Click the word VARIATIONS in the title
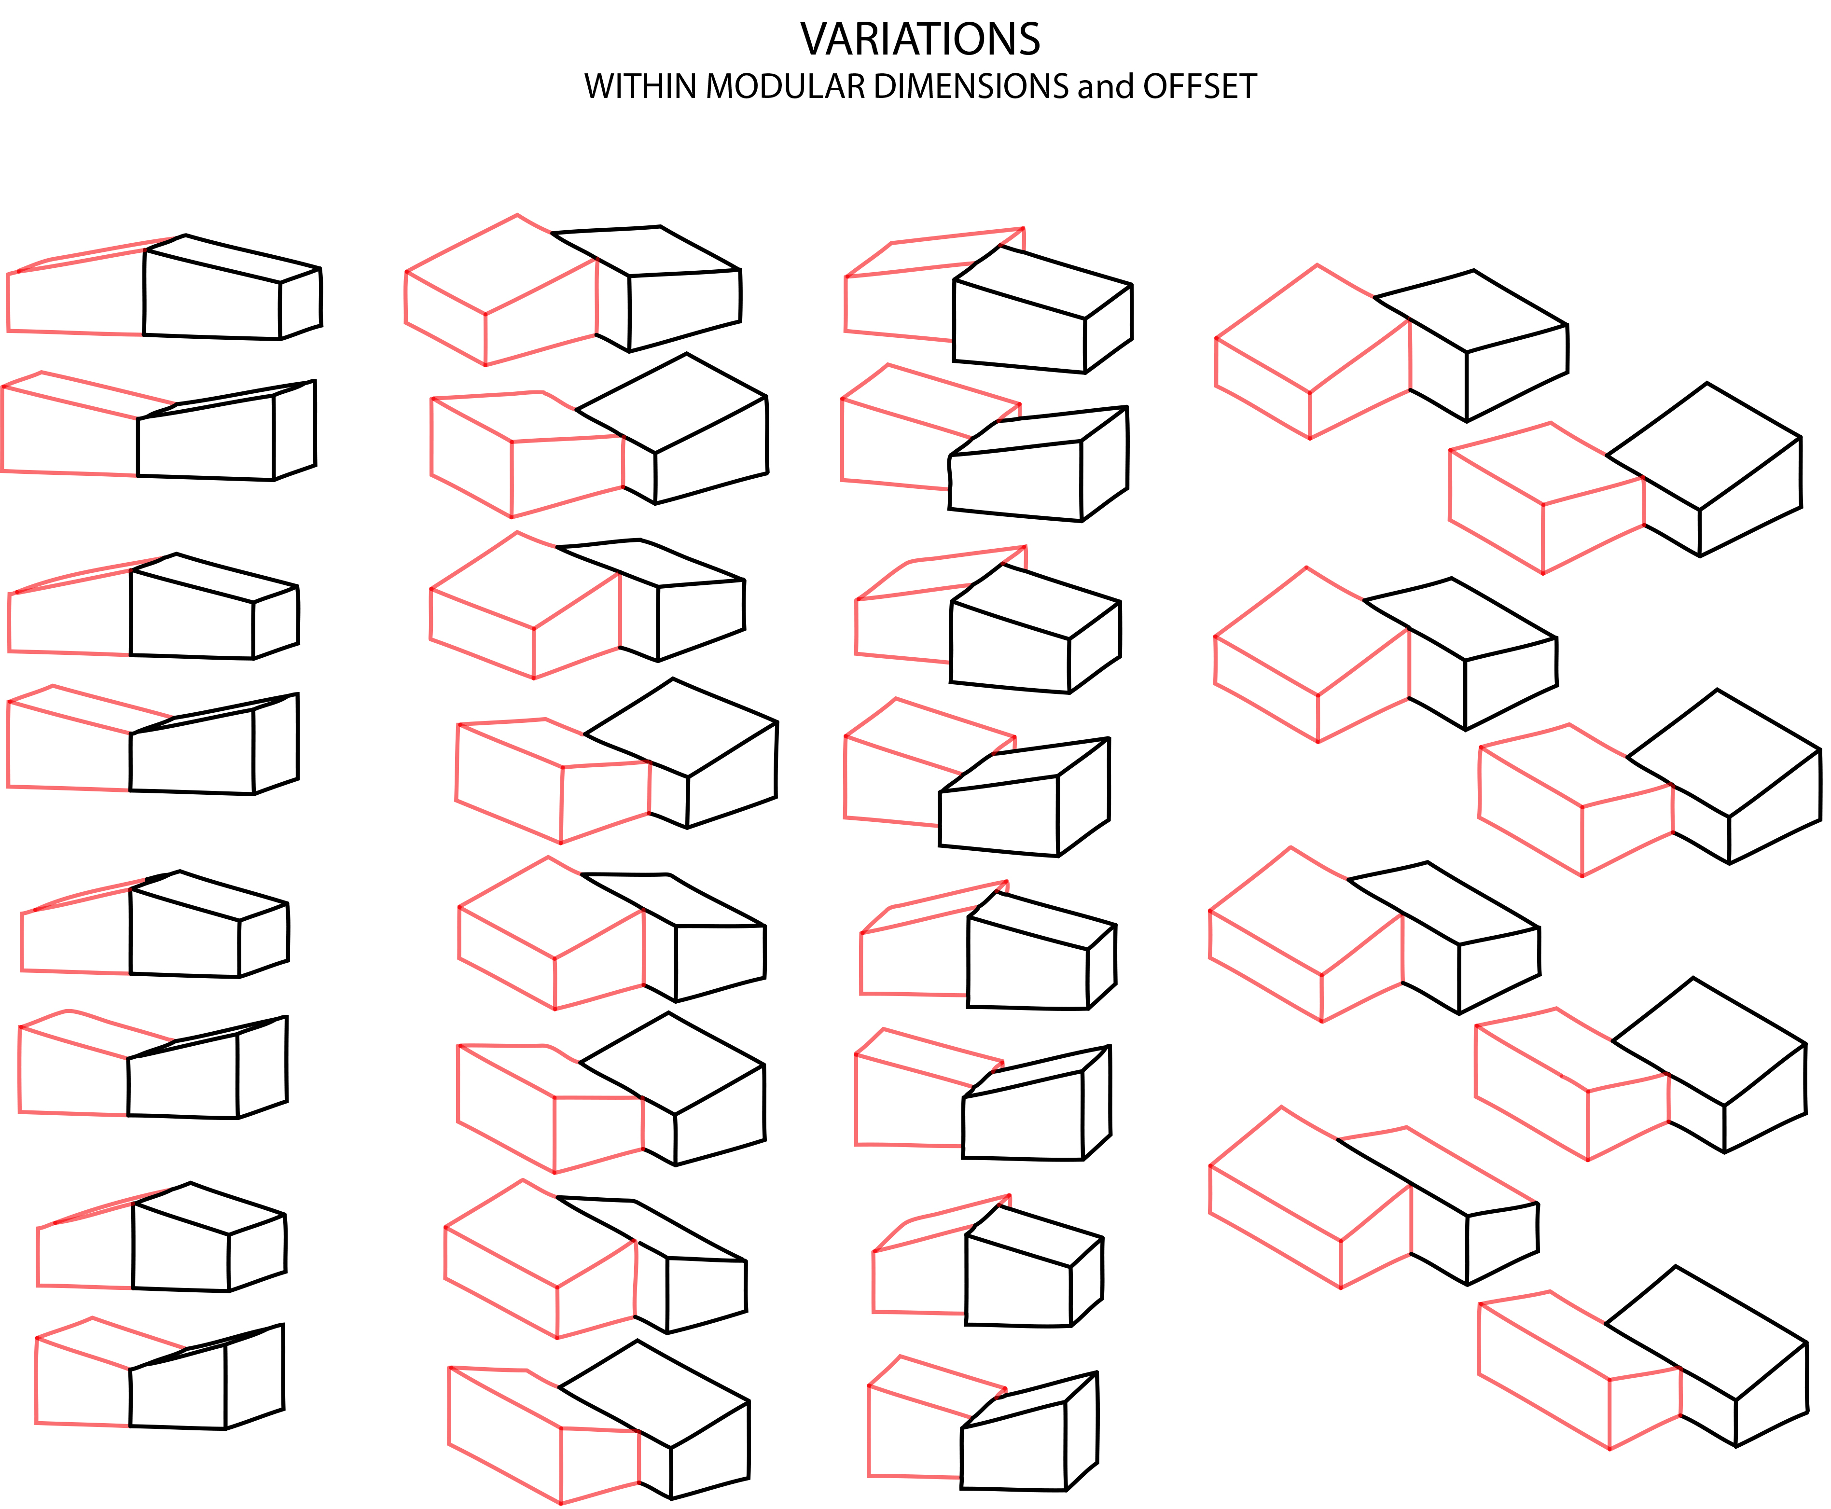click(x=920, y=39)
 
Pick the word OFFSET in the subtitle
click(x=1200, y=87)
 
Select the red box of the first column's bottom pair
click(x=83, y=1382)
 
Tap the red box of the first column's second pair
click(x=69, y=435)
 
